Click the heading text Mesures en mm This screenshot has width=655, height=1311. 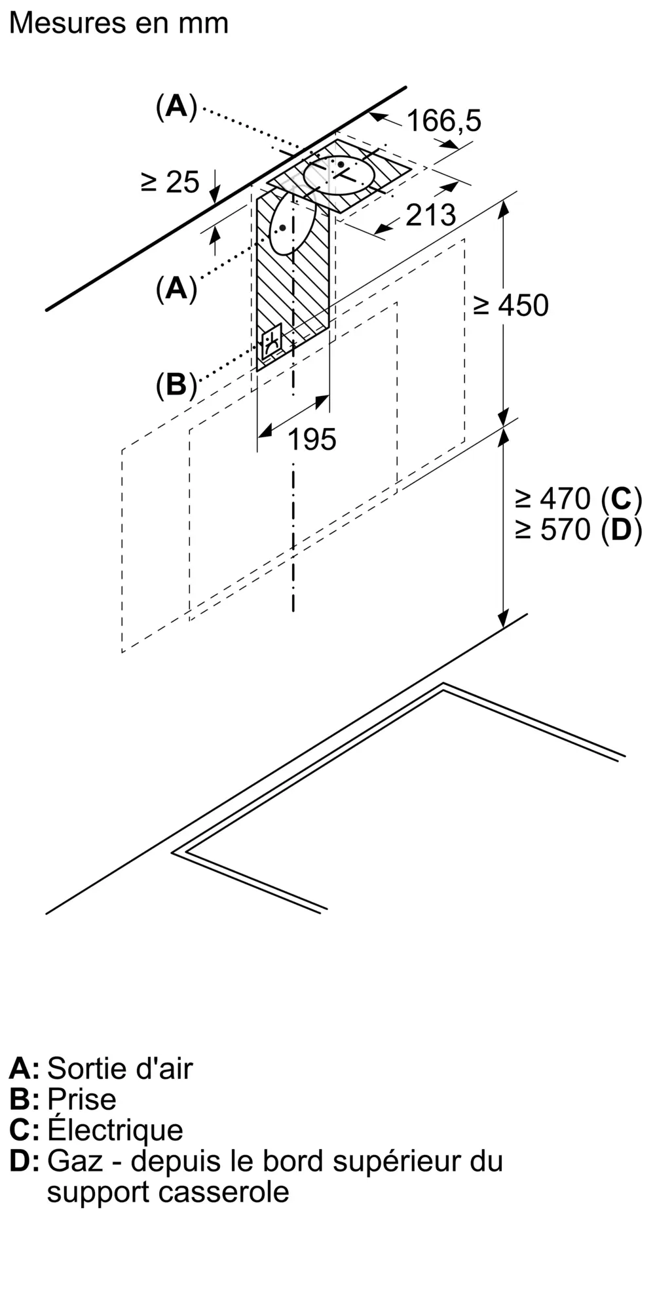119,24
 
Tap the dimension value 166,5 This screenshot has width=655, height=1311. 443,121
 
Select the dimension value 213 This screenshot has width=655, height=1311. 430,215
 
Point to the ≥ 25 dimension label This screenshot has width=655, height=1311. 170,182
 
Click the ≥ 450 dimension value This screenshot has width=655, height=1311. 511,305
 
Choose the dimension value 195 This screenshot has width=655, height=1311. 312,439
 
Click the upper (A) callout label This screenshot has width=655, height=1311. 176,106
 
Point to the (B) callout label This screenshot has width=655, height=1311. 176,384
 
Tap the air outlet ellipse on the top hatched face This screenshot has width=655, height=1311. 340,174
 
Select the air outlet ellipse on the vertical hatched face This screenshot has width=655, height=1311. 293,225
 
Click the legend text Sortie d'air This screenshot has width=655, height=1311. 120,1068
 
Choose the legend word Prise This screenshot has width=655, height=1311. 82,1099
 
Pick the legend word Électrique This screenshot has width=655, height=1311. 115,1130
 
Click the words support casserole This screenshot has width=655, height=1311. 168,1192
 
